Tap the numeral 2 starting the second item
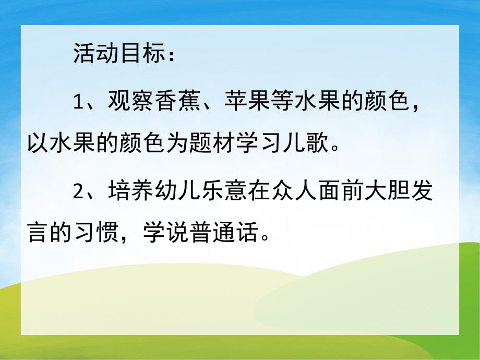click(x=79, y=191)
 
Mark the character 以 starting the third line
click(x=38, y=142)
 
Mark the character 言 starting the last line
click(x=38, y=232)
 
